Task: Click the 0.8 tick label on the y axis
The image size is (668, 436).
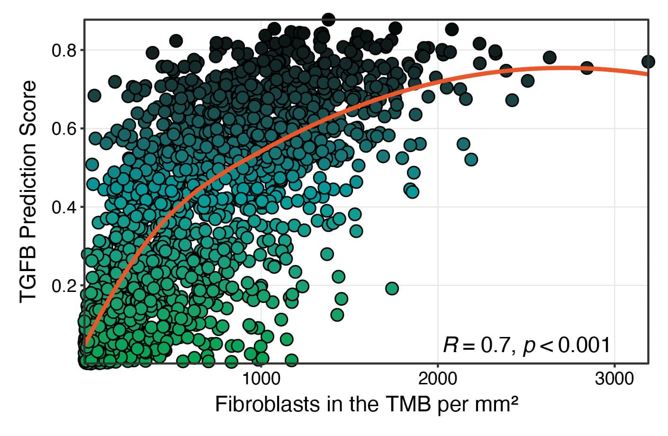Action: [63, 50]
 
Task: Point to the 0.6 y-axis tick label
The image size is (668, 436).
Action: [63, 129]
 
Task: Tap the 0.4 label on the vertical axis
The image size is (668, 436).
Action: [63, 208]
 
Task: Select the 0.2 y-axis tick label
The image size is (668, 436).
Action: [63, 286]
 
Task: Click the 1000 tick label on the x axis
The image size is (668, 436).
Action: [261, 379]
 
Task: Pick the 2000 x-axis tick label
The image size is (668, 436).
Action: [438, 379]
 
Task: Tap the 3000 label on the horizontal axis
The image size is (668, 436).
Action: [614, 379]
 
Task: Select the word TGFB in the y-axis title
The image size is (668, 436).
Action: [28, 280]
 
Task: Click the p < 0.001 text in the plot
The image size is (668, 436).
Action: [567, 345]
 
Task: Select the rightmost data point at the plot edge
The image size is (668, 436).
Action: [648, 62]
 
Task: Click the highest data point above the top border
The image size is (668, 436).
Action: [328, 19]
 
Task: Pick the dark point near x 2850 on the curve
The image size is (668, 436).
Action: [587, 68]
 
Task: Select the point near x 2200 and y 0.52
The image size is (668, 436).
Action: [471, 159]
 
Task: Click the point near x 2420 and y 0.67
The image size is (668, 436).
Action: [512, 100]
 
